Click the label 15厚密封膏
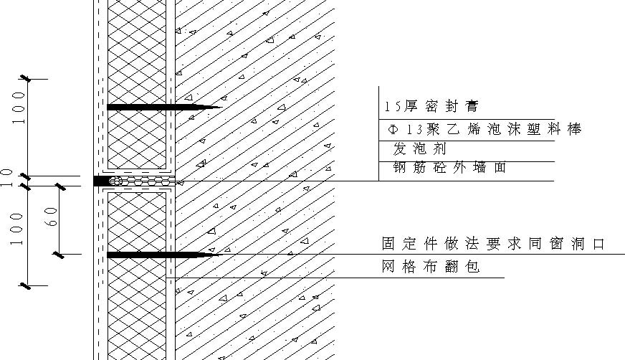coord(431,106)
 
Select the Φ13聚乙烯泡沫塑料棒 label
coord(485,129)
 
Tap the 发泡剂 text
coord(419,148)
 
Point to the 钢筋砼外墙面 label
coord(449,167)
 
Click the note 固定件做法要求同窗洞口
coord(493,243)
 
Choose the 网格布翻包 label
coord(431,266)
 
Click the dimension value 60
coord(52,217)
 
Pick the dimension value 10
coord(7,178)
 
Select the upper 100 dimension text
coord(19,108)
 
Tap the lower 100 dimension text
coord(16,229)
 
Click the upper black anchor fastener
coord(164,108)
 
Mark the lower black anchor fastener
coord(163,255)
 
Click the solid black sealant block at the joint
coord(101,181)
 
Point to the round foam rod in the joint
coord(115,181)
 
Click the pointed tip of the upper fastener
coord(221,108)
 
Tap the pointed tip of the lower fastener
coord(218,255)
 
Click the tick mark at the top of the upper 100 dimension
coord(27,79)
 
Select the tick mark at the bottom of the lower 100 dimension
coord(27,285)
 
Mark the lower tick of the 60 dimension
coord(59,255)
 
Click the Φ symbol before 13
coord(393,130)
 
